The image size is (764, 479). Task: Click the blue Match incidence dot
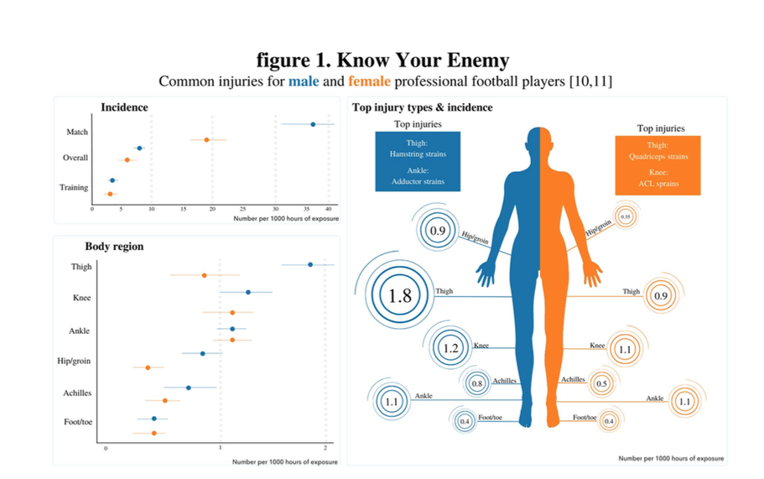313,124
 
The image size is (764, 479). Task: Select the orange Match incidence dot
206,139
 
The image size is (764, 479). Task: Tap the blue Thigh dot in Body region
310,264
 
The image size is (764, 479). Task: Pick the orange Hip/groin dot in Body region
148,367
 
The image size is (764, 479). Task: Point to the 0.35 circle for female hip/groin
625,216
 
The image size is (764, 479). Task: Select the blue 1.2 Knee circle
451,347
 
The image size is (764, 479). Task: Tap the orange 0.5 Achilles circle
601,383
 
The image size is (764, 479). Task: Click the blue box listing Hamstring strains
417,162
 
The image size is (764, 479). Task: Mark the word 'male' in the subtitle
304,81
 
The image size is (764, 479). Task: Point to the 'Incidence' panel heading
124,107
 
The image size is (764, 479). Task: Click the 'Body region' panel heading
114,247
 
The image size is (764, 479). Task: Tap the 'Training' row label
74,187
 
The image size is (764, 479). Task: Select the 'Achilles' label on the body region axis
77,393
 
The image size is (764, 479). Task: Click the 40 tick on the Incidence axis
330,208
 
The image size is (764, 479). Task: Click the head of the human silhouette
538,142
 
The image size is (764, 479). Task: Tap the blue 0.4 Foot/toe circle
465,421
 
